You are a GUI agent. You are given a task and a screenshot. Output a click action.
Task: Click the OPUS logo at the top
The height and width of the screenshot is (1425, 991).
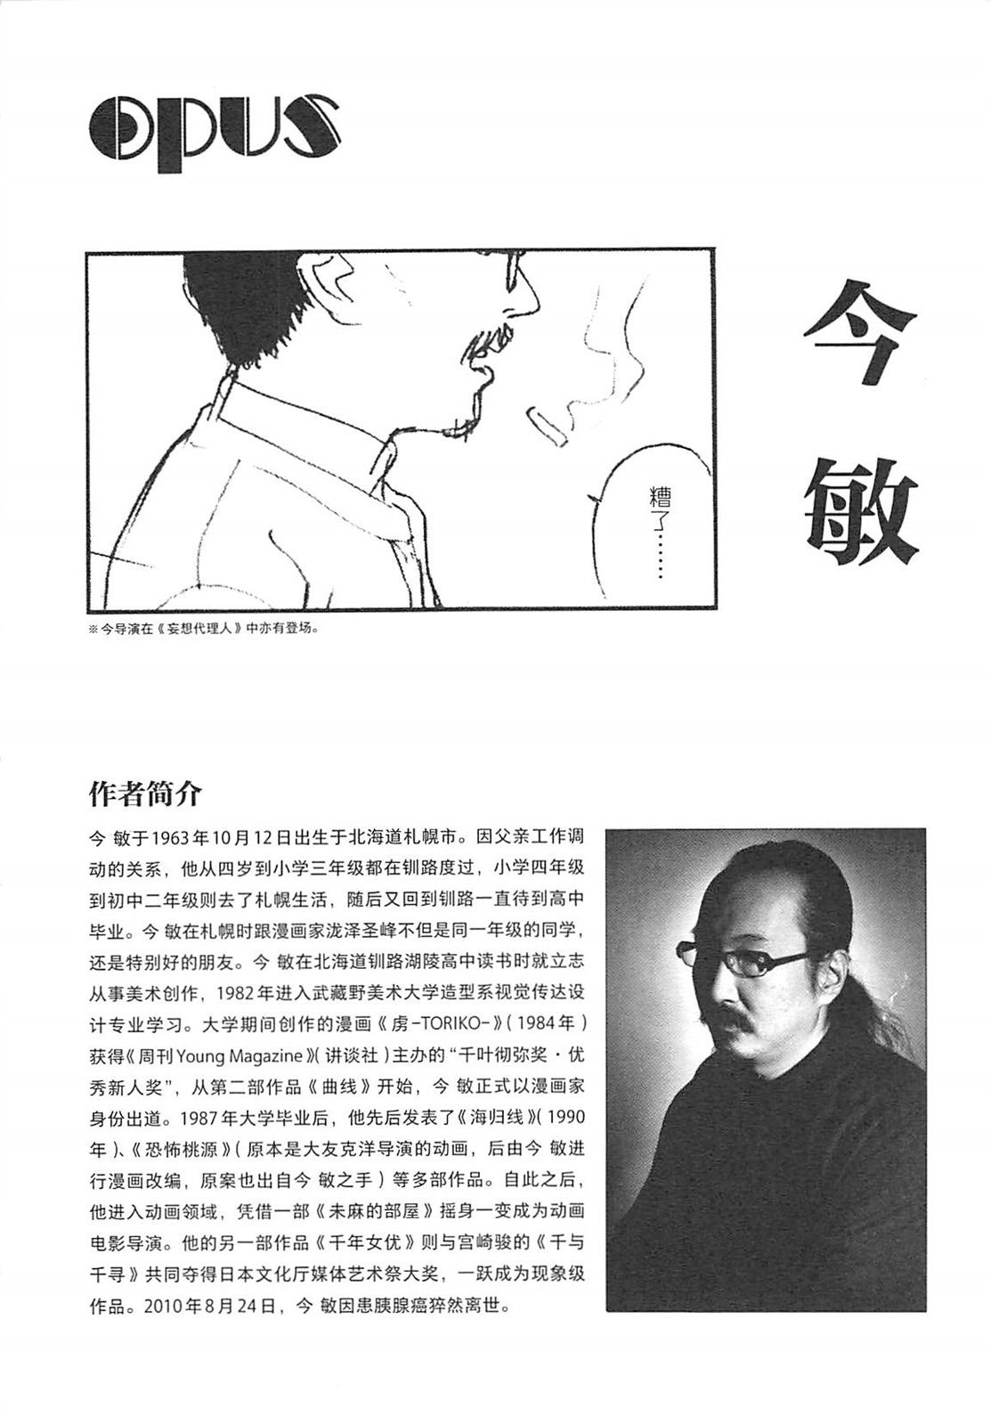coord(215,129)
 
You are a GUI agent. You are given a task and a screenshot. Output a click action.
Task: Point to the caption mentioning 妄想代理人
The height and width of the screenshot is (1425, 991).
coord(204,627)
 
